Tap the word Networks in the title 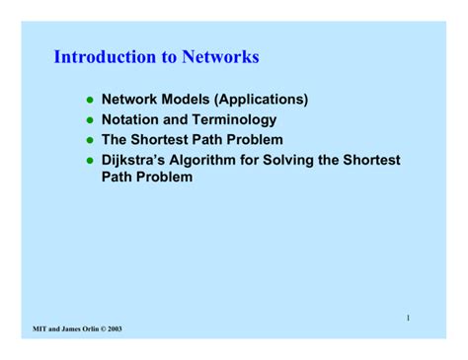click(220, 57)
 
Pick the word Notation click(133, 119)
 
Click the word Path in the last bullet click(120, 179)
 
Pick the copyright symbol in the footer click(107, 327)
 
